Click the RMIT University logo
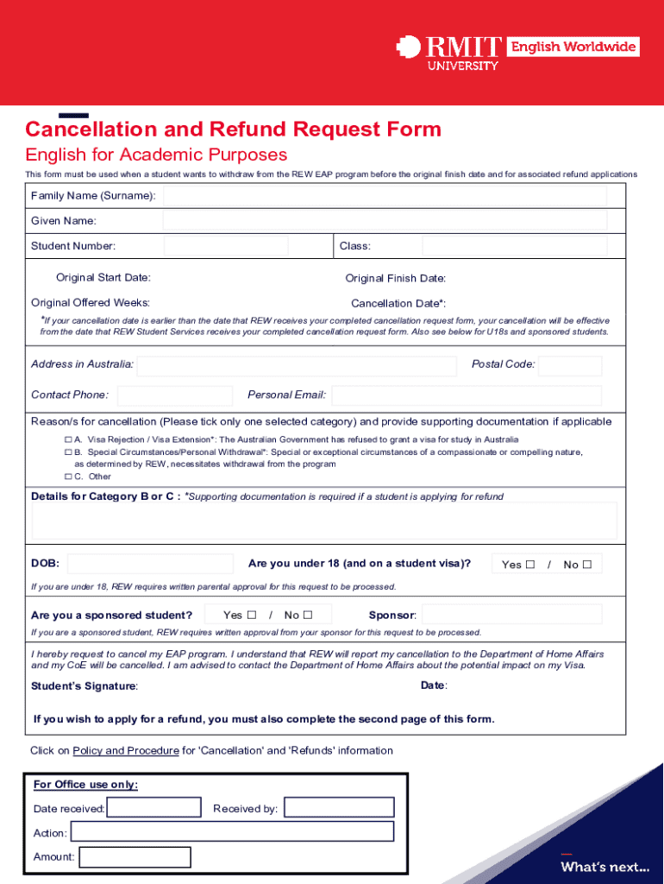tap(448, 52)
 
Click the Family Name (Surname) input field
tap(385, 196)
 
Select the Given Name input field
tap(385, 221)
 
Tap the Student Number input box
tap(226, 246)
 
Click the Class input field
tap(514, 246)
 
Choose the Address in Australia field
tap(296, 365)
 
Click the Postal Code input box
tap(570, 365)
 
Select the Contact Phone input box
tap(175, 395)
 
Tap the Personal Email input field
tap(467, 395)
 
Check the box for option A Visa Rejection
tap(68, 439)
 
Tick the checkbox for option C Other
tap(68, 477)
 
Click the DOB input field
tap(150, 564)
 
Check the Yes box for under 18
tap(530, 565)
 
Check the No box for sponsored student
tap(306, 616)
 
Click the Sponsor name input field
tap(511, 615)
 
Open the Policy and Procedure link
tap(126, 751)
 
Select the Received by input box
tap(339, 808)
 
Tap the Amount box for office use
tap(134, 857)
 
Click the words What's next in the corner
tap(604, 867)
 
